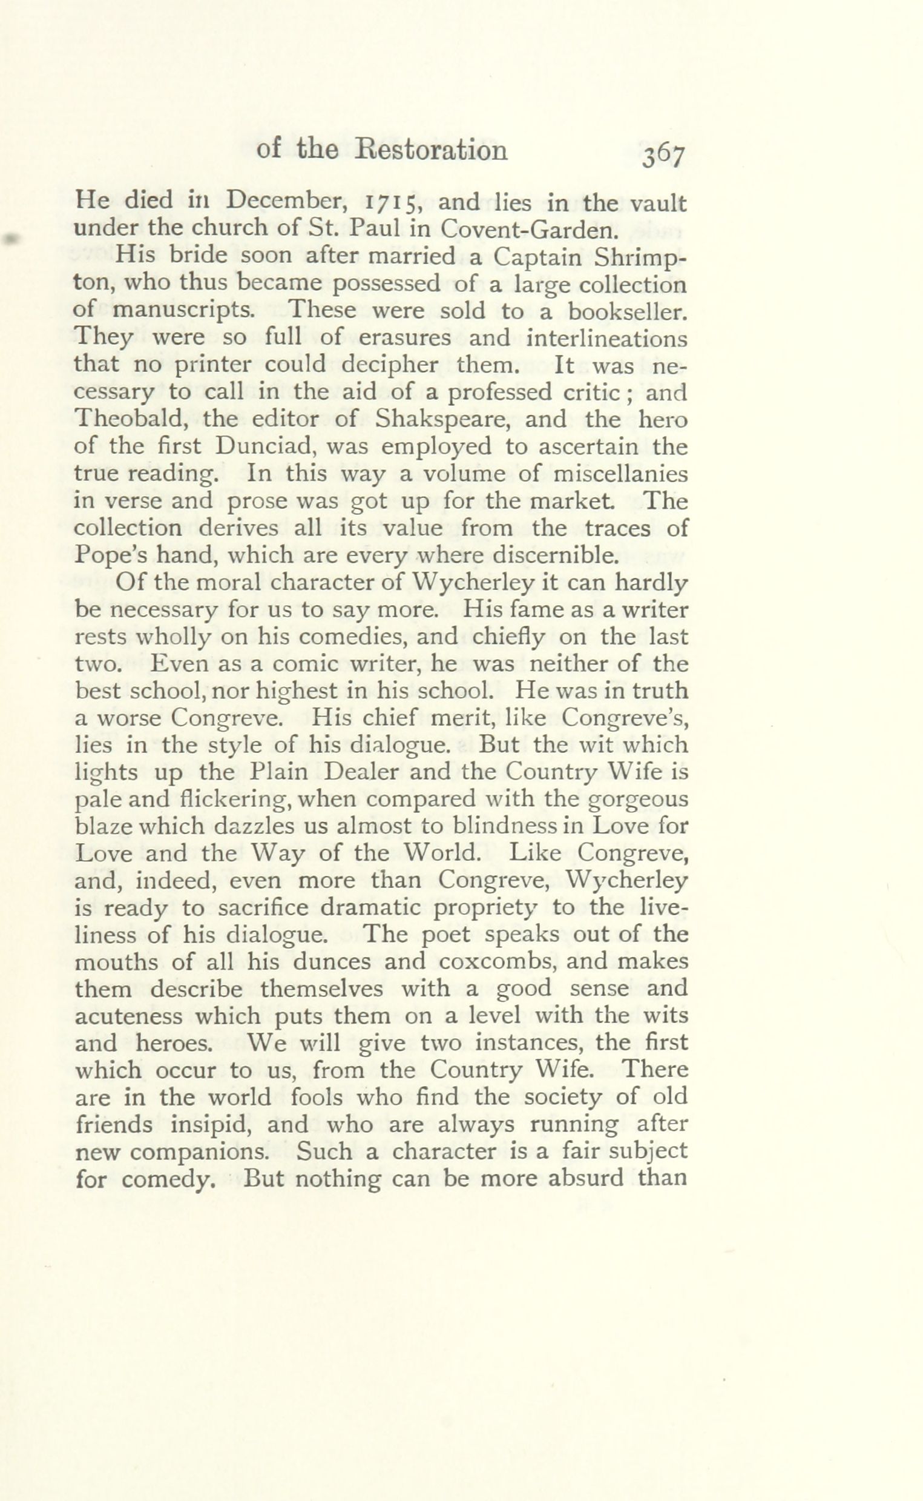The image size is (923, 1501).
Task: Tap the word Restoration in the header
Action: tap(431, 150)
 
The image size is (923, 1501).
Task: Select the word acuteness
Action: tap(128, 1015)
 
